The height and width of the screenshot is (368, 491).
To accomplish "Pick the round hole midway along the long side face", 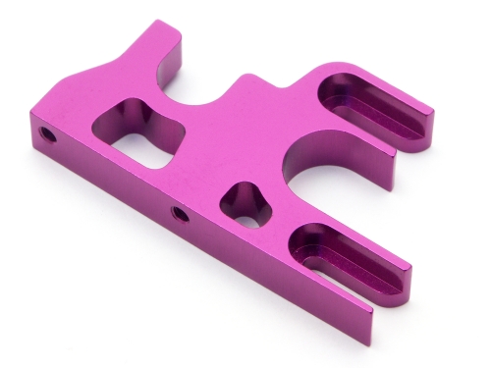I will [179, 213].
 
